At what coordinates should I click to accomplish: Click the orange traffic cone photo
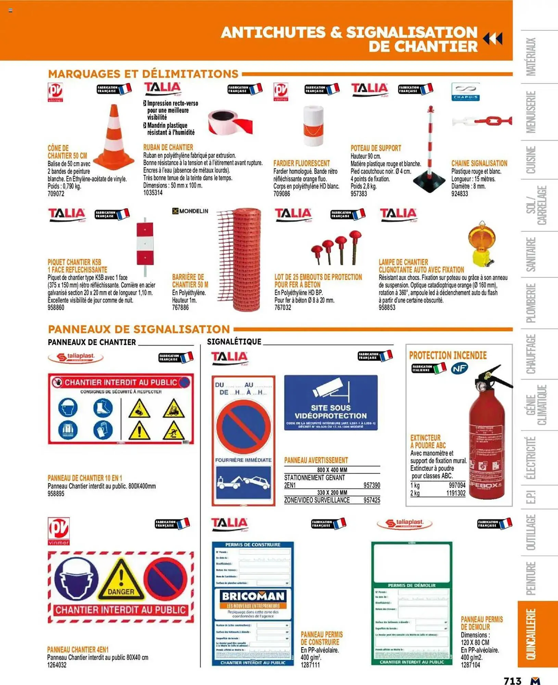coord(114,137)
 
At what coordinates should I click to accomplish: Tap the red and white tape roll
coord(230,122)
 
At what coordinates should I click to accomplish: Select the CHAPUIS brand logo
coord(465,91)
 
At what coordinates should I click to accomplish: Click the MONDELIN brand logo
coord(190,211)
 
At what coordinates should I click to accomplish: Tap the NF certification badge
coord(459,369)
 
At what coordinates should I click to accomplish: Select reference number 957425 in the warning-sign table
coord(371,500)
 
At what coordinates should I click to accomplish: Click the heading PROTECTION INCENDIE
coord(448,355)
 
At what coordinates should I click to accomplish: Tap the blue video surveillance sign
coord(331,403)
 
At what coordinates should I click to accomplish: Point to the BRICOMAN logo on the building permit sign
coord(253,596)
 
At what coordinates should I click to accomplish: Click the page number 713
coord(512,680)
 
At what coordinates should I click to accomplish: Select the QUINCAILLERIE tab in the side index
coord(531,634)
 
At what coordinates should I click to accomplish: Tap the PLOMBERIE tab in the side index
coord(531,303)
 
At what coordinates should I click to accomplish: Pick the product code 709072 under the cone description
coord(56,194)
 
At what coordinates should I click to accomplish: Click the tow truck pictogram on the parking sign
coord(243,482)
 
